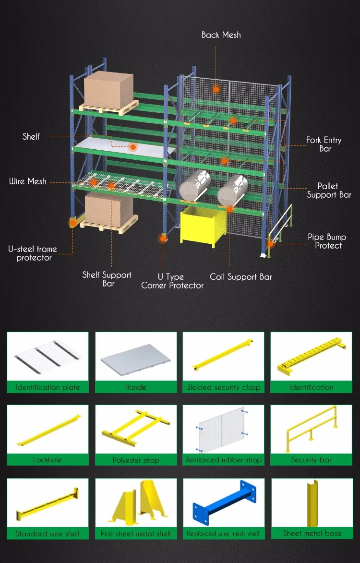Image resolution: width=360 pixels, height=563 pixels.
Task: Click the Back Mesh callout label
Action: tap(221, 35)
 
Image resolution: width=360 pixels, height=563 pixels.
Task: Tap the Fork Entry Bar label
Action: tap(324, 144)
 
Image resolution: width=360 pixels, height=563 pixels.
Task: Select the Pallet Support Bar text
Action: tap(329, 190)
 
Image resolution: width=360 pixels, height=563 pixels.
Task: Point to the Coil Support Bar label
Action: tap(241, 277)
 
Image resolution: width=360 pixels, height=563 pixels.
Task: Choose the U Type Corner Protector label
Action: tap(172, 281)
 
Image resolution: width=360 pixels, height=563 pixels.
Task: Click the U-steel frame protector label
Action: tap(33, 253)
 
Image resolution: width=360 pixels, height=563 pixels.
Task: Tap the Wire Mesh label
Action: tap(28, 181)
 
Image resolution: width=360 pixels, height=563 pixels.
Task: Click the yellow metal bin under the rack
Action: tap(203, 226)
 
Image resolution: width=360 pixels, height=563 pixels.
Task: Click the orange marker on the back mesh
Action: tap(216, 89)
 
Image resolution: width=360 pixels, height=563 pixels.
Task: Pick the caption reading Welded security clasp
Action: tap(223, 387)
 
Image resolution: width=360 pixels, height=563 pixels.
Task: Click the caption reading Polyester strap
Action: tap(136, 460)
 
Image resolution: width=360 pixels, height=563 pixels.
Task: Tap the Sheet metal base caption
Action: tap(312, 533)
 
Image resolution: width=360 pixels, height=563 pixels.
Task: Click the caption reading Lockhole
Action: tap(47, 460)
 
